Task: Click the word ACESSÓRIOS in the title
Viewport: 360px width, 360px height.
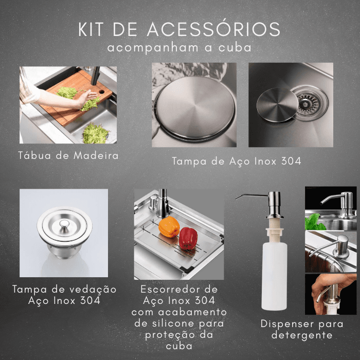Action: [213, 29]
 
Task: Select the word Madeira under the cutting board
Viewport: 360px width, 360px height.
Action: [96, 155]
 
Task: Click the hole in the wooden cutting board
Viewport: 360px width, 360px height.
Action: [101, 92]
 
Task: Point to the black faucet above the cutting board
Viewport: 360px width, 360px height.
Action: [95, 76]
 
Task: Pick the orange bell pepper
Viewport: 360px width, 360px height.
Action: [169, 227]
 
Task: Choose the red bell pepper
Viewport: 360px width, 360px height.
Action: [188, 238]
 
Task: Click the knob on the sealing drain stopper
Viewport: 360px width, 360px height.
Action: [64, 223]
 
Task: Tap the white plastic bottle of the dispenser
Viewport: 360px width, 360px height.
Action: [274, 276]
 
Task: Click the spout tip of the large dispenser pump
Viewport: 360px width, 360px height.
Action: [237, 197]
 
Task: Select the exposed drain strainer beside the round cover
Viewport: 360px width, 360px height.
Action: [310, 103]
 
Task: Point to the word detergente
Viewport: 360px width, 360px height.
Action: [302, 335]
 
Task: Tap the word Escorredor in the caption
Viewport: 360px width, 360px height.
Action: [168, 289]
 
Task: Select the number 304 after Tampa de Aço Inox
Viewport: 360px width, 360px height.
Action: [291, 161]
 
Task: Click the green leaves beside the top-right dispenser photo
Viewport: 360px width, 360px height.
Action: [314, 222]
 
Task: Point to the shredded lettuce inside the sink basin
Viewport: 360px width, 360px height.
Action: [95, 133]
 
